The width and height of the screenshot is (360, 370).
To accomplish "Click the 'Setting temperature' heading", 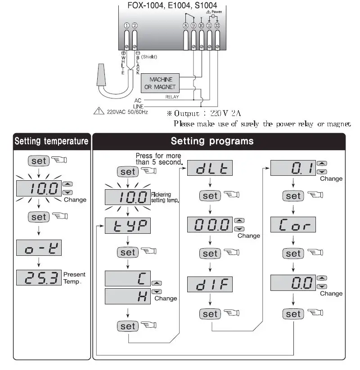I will [51, 141].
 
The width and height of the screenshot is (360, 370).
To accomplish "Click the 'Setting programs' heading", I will [212, 141].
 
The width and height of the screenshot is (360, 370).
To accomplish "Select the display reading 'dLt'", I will [210, 169].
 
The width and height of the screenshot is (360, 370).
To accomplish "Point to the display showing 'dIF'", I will [210, 285].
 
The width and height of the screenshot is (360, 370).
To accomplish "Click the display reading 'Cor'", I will [293, 224].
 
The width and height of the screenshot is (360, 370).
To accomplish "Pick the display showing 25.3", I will [38, 277].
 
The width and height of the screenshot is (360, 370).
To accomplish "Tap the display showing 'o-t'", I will [38, 248].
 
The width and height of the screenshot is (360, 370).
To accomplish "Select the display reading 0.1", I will [293, 169].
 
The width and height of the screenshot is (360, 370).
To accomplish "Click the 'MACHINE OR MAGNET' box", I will [161, 83].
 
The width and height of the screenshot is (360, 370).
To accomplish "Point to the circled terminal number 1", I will [127, 26].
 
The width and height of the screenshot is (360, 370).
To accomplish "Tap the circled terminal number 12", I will [217, 26].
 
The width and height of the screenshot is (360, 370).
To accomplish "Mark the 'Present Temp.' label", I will [74, 277].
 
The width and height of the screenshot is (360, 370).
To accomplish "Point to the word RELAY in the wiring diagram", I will [172, 97].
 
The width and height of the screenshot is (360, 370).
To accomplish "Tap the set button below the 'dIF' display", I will [210, 314].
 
